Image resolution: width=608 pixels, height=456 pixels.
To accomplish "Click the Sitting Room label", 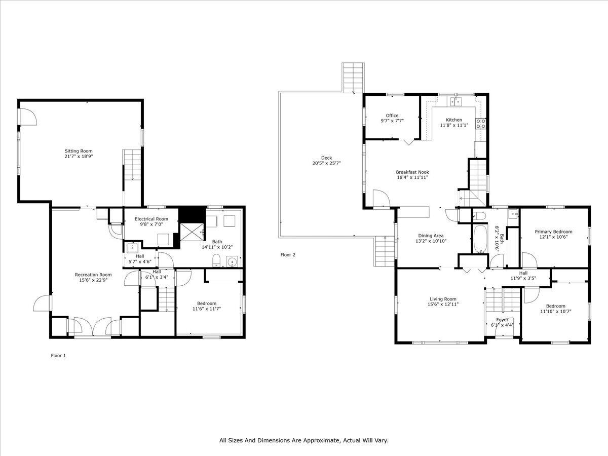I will tap(79, 151).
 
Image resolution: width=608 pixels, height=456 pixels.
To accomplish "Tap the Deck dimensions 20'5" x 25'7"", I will tap(326, 163).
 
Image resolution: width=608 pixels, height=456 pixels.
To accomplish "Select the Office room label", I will tap(392, 116).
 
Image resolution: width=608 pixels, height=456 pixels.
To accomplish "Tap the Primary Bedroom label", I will tap(553, 232).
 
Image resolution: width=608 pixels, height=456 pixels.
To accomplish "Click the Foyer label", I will tap(502, 320).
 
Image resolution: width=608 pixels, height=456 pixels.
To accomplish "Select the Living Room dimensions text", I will tap(443, 305).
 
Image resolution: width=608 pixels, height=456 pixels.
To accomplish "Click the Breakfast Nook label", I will tap(412, 172).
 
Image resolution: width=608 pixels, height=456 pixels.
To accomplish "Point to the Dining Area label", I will tap(431, 235).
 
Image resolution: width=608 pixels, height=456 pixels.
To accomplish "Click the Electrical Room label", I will tap(151, 219).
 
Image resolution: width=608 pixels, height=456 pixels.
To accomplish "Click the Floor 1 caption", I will tap(58, 356).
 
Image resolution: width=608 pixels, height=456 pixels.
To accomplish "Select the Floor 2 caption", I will tap(288, 255).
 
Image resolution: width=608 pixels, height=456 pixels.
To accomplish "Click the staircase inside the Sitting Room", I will tap(131, 164).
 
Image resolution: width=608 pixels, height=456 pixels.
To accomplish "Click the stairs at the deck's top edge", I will tap(353, 77).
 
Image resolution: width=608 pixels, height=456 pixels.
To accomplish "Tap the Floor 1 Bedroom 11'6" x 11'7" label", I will tap(207, 303).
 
